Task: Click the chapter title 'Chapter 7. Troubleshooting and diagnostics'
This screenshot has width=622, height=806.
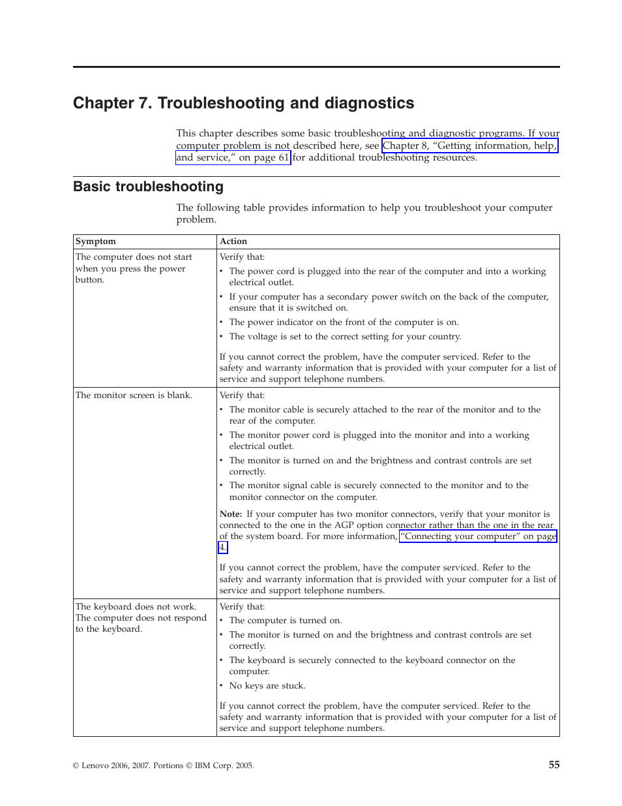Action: click(x=243, y=103)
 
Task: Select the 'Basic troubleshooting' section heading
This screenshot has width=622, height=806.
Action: click(x=148, y=187)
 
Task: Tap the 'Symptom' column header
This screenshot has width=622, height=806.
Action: click(x=96, y=241)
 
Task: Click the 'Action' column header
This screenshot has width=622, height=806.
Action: click(x=233, y=241)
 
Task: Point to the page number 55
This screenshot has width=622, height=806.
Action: click(x=554, y=764)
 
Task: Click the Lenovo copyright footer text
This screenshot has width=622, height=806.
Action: click(x=163, y=766)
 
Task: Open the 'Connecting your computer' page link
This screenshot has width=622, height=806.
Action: click(x=478, y=536)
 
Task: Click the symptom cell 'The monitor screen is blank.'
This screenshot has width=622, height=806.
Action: click(x=134, y=395)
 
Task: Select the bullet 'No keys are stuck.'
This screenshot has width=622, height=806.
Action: click(x=267, y=686)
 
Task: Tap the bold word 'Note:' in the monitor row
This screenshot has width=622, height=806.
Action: click(x=231, y=514)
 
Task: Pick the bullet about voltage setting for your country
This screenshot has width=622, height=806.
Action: click(x=345, y=337)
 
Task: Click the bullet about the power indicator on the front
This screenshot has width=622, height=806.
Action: click(x=344, y=322)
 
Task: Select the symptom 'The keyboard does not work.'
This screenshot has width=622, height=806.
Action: click(x=136, y=607)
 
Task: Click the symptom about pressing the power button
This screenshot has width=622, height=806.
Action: click(x=134, y=268)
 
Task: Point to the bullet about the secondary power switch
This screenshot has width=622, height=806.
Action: click(x=388, y=302)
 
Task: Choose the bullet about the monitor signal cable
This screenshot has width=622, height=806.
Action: click(x=378, y=491)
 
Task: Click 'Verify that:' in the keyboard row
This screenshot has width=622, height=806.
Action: click(x=242, y=607)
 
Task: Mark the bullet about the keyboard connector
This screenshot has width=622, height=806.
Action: click(x=372, y=666)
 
